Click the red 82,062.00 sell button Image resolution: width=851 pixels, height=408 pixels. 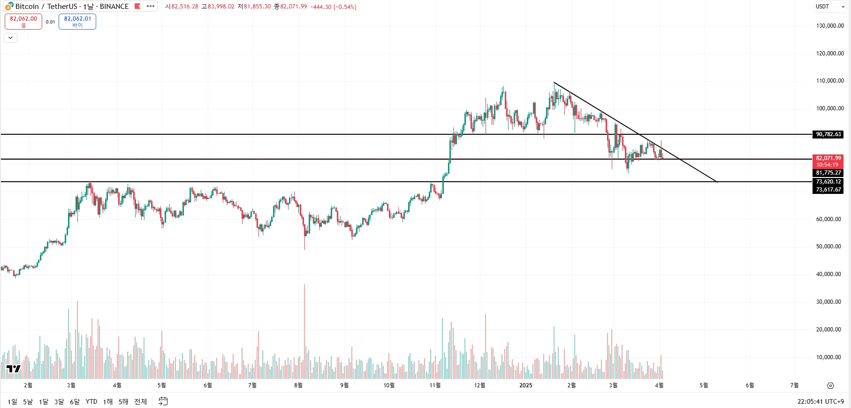[23, 21]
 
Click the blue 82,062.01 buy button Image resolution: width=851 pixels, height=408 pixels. [77, 21]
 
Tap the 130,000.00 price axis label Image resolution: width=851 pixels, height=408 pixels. [830, 26]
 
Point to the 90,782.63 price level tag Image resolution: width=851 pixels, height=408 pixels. [828, 134]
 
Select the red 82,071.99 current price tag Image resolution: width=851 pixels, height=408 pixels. [828, 161]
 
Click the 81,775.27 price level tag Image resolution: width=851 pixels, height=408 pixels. [828, 173]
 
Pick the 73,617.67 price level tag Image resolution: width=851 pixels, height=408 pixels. [828, 190]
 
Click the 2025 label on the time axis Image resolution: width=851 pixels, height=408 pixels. [525, 385]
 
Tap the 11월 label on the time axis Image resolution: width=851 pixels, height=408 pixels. [435, 385]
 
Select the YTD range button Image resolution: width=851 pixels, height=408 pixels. [91, 401]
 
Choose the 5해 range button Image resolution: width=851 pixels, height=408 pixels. [123, 401]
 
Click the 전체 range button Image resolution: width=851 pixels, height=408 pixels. [141, 401]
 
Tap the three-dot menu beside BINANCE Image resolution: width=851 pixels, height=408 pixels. [151, 7]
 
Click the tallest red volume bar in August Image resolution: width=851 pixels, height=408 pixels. [304, 329]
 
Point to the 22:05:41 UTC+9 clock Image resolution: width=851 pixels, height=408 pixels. [821, 401]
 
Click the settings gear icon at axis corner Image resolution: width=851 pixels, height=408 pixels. [830, 385]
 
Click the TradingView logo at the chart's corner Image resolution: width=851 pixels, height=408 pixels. [14, 369]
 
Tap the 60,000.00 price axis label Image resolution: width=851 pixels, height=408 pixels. [830, 219]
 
